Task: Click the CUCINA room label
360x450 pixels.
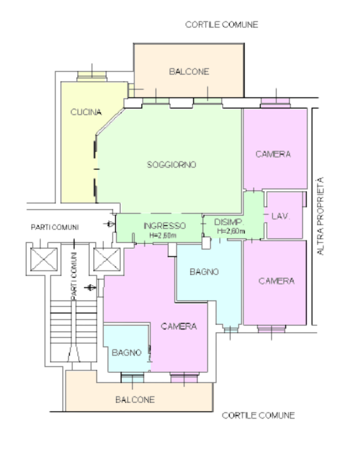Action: click(86, 112)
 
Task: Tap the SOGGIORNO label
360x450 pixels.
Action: click(172, 165)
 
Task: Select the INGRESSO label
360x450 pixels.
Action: click(165, 226)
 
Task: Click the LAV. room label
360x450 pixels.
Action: click(281, 216)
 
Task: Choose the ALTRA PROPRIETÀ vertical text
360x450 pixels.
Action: click(320, 216)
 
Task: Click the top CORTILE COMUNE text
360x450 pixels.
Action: click(222, 25)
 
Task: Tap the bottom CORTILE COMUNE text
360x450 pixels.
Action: click(258, 415)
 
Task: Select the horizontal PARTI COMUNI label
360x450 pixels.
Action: click(55, 227)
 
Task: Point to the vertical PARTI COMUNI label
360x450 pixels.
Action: click(74, 276)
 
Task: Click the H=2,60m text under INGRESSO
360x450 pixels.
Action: click(163, 235)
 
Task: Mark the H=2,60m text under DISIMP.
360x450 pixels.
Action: click(231, 231)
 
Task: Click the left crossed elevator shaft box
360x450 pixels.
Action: click(44, 260)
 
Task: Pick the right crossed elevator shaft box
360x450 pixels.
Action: click(107, 260)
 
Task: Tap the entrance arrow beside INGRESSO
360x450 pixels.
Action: click(109, 224)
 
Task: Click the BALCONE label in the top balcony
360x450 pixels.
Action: click(189, 72)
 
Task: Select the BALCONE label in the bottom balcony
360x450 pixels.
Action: click(135, 400)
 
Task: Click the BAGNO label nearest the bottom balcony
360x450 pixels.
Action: click(127, 353)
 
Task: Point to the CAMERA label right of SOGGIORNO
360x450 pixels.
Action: click(273, 154)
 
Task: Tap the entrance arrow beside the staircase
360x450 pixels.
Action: click(90, 288)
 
